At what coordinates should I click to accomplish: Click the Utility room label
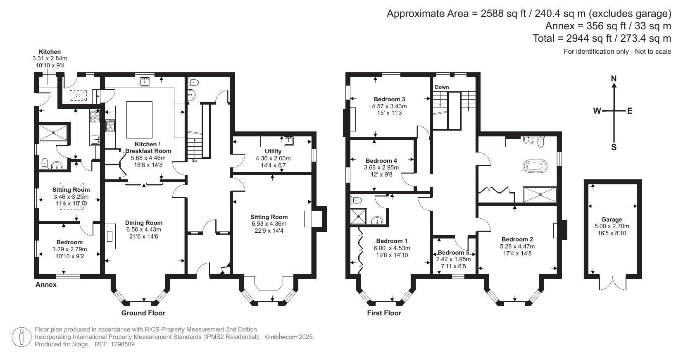coord(273,151)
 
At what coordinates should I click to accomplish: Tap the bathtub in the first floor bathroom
coord(535,166)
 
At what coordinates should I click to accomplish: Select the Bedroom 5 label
coord(453,252)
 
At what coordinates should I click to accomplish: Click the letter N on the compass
coord(614,79)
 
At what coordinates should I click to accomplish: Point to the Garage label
coord(612,219)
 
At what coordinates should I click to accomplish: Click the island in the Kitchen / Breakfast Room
coord(139,119)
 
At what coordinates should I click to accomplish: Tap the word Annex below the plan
coord(46,284)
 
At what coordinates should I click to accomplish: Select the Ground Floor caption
coord(143,313)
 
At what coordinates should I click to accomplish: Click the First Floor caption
coord(384,313)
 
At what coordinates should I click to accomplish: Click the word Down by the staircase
coord(442,87)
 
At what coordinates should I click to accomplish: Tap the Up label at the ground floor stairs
coord(194,161)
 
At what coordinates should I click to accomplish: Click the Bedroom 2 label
coord(517,239)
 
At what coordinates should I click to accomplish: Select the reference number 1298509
coord(122,344)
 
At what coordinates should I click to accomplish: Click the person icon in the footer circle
coord(21,337)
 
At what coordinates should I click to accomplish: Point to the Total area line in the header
coord(602,38)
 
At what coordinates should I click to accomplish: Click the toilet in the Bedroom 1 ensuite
coord(356,200)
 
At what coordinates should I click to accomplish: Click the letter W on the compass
coord(597,111)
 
